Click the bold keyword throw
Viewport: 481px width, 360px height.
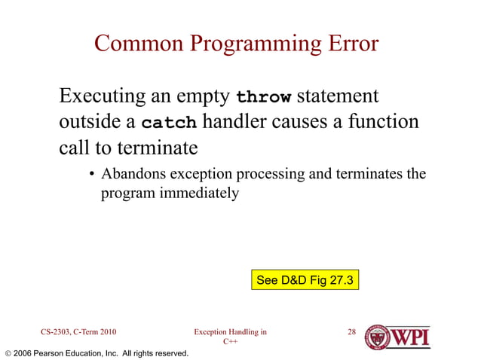pyautogui.click(x=263, y=98)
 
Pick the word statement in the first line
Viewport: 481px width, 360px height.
pyautogui.click(x=338, y=97)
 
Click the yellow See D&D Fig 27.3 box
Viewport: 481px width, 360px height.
pyautogui.click(x=305, y=280)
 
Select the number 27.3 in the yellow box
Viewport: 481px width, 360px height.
pyautogui.click(x=341, y=280)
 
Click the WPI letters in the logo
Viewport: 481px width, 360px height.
pyautogui.click(x=412, y=336)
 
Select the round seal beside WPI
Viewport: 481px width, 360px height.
pyautogui.click(x=378, y=337)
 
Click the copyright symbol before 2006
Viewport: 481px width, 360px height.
pyautogui.click(x=8, y=353)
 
